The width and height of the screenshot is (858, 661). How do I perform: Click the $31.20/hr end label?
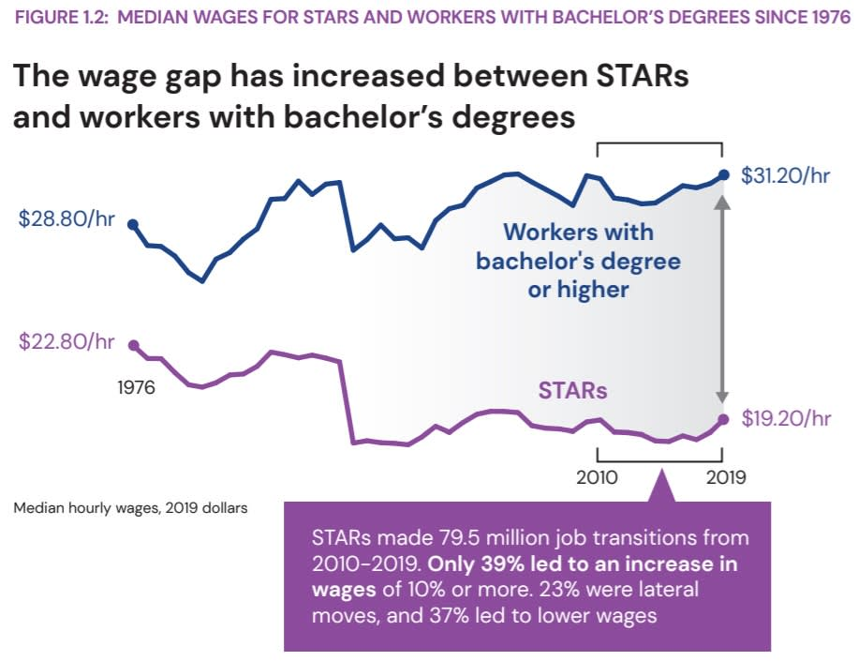(x=785, y=175)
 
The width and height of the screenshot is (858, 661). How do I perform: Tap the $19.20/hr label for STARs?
(x=785, y=418)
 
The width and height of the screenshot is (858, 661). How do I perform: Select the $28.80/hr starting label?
(x=67, y=219)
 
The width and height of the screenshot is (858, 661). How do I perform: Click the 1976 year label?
(x=136, y=387)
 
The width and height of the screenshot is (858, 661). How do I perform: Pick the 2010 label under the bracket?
(x=597, y=477)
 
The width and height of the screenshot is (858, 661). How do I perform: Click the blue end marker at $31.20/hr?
(x=722, y=174)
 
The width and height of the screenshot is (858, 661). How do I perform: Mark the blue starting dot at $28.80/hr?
(x=132, y=224)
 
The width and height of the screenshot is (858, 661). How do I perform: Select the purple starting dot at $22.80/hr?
(x=132, y=345)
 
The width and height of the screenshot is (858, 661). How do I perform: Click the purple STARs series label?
(x=572, y=389)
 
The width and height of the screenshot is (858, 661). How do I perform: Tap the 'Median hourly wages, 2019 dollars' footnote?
(x=130, y=508)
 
